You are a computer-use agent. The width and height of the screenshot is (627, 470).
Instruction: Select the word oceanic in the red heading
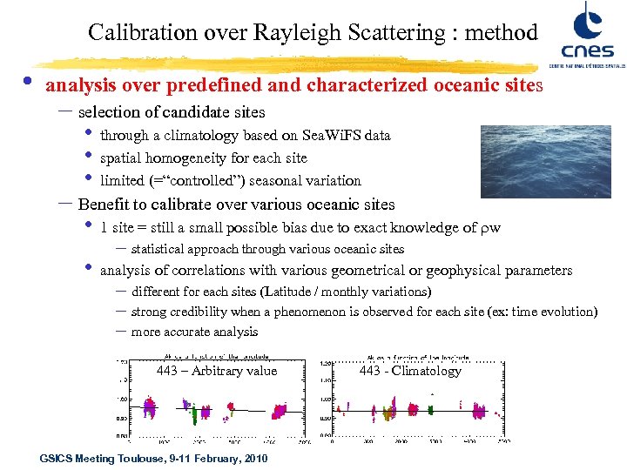(x=462, y=86)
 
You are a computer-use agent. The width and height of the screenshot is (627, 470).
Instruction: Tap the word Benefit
(x=104, y=205)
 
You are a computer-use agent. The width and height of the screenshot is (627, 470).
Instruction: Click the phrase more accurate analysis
(x=194, y=332)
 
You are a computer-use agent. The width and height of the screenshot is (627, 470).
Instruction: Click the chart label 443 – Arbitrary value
(x=216, y=371)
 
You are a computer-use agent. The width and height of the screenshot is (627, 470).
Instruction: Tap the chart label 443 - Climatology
(x=410, y=371)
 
